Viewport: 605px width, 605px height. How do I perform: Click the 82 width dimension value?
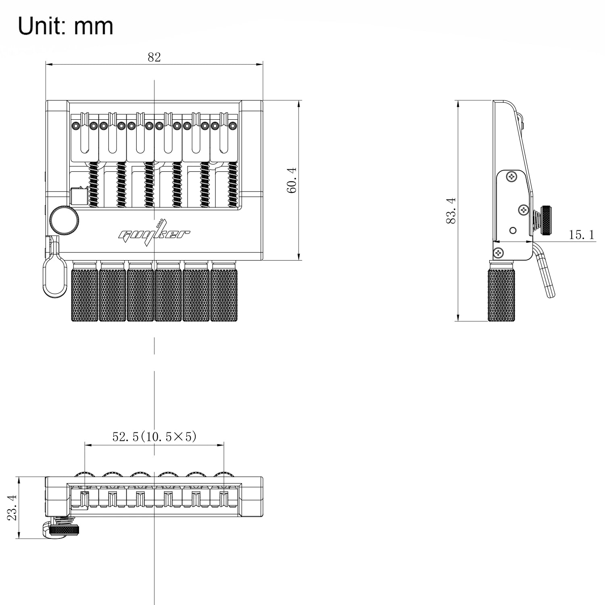(x=154, y=57)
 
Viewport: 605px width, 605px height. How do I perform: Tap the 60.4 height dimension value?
(x=292, y=180)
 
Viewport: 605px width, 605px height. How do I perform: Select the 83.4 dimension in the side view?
(x=451, y=211)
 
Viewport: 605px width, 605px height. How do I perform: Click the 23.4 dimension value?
(x=12, y=507)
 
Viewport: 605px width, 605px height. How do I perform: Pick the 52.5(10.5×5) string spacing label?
(x=154, y=436)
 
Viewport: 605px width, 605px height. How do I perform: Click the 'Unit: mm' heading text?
(x=66, y=26)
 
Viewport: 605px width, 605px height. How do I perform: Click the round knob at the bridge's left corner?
(x=65, y=220)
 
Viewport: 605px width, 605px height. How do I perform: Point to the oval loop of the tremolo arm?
(x=54, y=277)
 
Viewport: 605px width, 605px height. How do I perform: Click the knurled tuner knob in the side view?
(x=501, y=291)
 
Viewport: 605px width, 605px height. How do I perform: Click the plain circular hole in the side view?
(x=513, y=230)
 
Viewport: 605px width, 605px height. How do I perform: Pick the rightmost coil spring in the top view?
(x=232, y=185)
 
